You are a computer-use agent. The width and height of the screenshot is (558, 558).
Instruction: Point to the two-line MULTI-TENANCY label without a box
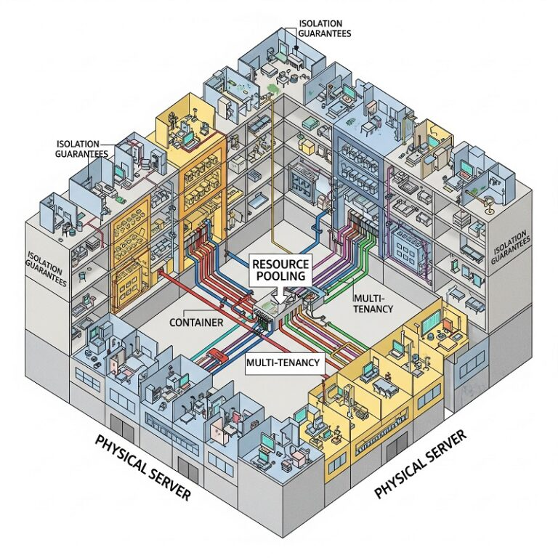[372, 304]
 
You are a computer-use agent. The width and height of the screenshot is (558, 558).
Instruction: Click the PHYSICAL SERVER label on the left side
[142, 468]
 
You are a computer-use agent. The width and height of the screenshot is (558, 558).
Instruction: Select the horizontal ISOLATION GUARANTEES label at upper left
[81, 149]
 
